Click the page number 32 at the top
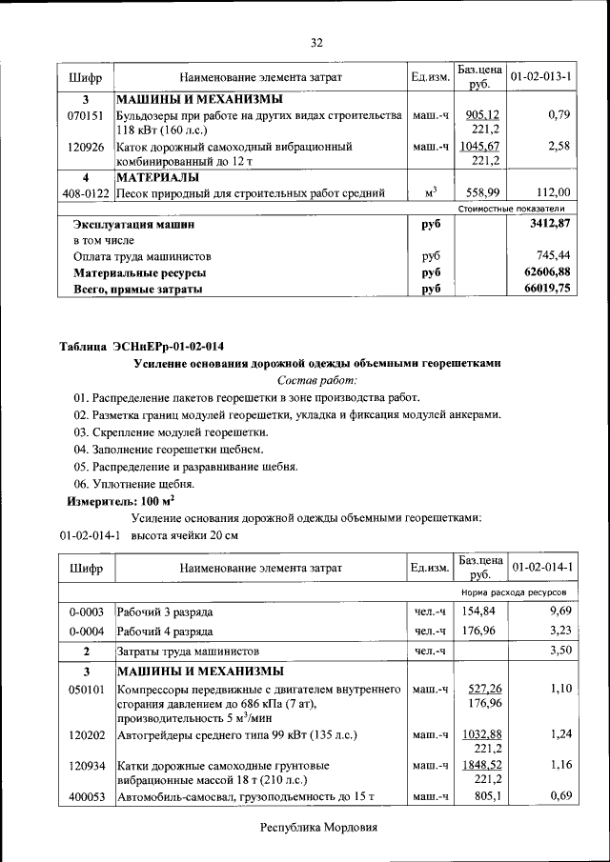(317, 42)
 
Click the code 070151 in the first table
(85, 115)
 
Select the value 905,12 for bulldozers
(484, 115)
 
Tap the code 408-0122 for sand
(85, 192)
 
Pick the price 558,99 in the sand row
(482, 192)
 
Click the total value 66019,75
(548, 290)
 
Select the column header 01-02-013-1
(541, 75)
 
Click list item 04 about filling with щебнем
(168, 449)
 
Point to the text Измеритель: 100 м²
(120, 500)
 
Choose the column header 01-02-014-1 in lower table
(541, 568)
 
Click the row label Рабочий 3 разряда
(165, 611)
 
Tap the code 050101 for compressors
(85, 688)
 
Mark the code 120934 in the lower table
(85, 765)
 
